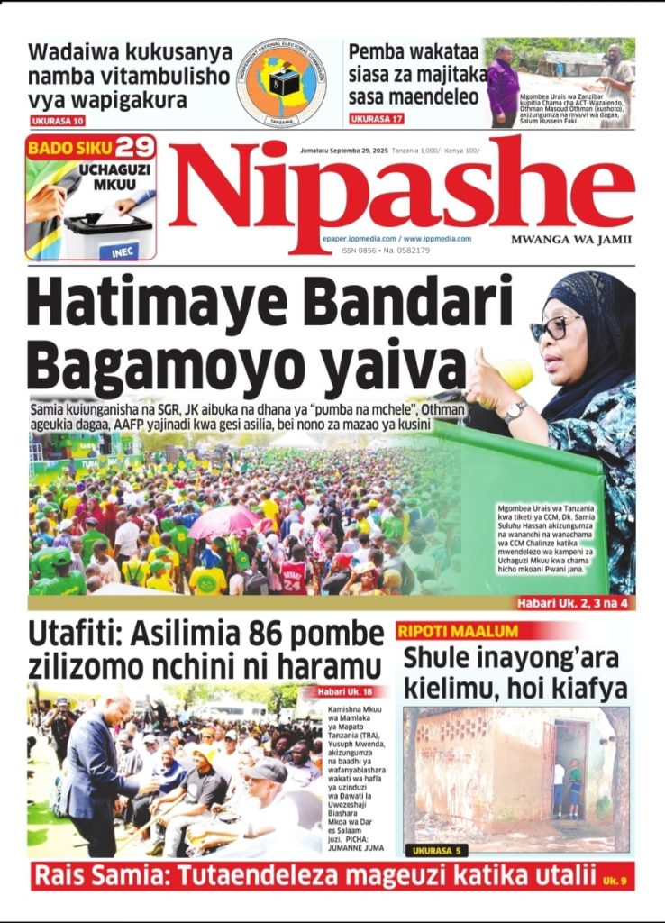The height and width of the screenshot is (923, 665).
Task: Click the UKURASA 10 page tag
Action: pyautogui.click(x=59, y=121)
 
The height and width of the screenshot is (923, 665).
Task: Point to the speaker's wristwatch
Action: pyautogui.click(x=515, y=411)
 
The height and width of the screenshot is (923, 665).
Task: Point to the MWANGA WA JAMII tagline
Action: pyautogui.click(x=571, y=240)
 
